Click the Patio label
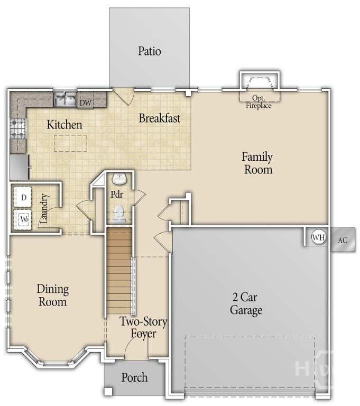click(x=150, y=51)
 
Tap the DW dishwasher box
click(x=86, y=102)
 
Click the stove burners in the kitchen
click(x=16, y=128)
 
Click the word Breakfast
click(x=160, y=118)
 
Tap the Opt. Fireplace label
click(x=258, y=102)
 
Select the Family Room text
click(x=257, y=163)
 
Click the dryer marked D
click(x=23, y=198)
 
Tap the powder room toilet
click(x=119, y=214)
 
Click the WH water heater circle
click(x=318, y=237)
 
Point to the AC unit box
click(x=343, y=240)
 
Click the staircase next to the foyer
click(x=119, y=270)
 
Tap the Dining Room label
click(x=52, y=296)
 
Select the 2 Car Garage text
click(x=246, y=303)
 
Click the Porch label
click(x=135, y=377)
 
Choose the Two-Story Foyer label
click(x=143, y=327)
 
